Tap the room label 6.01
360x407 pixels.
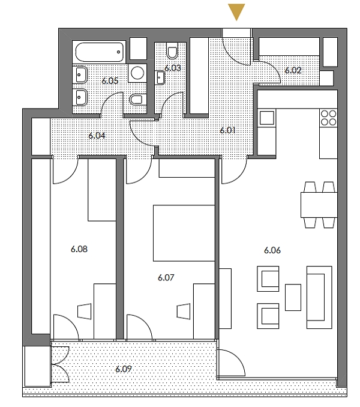pos(227,129)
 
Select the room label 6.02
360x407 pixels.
pos(293,70)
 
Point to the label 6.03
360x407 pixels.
pos(173,68)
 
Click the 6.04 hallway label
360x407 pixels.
pos(97,136)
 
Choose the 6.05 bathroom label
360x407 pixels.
pos(110,80)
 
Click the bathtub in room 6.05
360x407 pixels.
pos(100,52)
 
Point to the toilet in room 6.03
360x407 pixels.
pos(173,50)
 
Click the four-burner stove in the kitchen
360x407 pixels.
pos(328,117)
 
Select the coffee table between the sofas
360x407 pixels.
pos(293,297)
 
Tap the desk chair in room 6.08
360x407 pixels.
pos(84,311)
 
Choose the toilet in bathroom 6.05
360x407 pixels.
pos(136,99)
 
